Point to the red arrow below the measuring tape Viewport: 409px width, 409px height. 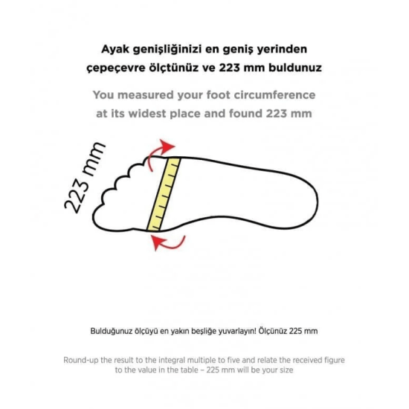pyautogui.click(x=167, y=242)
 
